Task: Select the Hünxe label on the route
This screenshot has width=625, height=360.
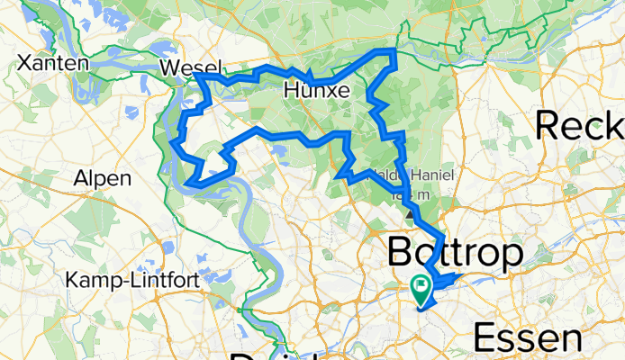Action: tap(316, 90)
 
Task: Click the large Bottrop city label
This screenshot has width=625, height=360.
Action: tap(455, 253)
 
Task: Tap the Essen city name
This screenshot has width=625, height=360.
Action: tap(527, 340)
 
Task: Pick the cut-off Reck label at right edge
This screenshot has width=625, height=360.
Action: tap(580, 125)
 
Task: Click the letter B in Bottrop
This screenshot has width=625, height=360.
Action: tap(402, 253)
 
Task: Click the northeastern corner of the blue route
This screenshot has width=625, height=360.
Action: tap(394, 50)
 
